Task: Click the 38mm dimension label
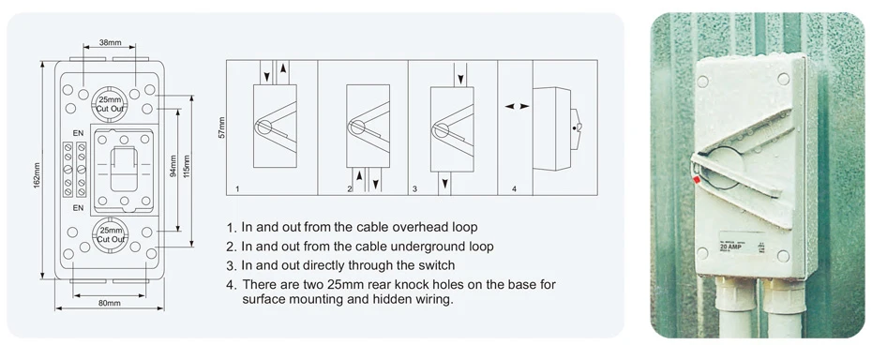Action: tap(110, 43)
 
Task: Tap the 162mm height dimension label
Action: tap(38, 173)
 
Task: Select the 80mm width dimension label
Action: tap(109, 303)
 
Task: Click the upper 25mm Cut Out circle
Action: tap(111, 104)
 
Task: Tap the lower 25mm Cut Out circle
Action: tap(111, 234)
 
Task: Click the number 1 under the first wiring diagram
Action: tap(238, 189)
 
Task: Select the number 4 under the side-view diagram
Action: tap(514, 189)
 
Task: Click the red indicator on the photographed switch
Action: tap(696, 178)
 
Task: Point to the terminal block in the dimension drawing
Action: tap(74, 170)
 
